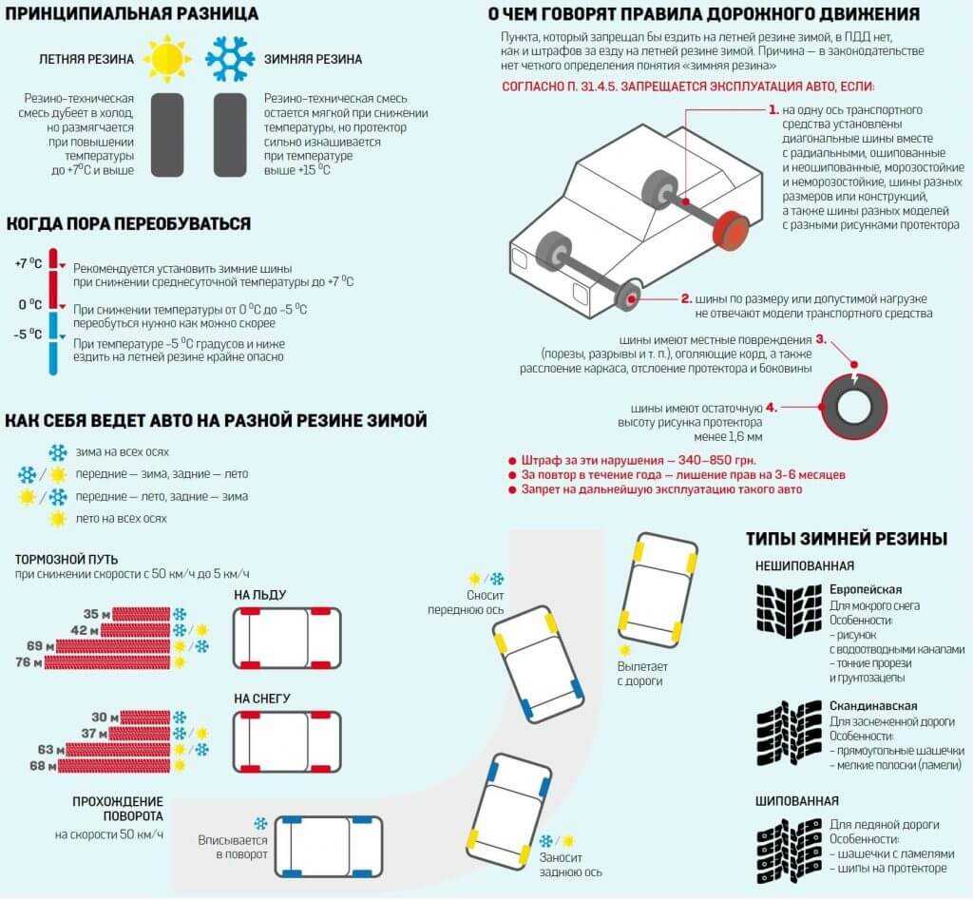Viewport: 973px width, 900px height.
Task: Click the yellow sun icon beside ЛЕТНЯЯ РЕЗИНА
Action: [167, 59]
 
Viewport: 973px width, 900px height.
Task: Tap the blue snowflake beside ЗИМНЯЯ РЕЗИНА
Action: [230, 59]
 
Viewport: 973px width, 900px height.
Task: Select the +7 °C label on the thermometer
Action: [29, 264]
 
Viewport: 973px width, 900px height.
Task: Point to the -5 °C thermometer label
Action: [28, 335]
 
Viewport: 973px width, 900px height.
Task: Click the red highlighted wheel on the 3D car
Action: [731, 229]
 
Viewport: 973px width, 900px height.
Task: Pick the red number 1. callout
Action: [773, 110]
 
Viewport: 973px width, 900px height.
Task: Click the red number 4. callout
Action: [771, 408]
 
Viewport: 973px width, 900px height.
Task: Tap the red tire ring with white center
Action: [854, 407]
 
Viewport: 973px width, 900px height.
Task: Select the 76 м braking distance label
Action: [29, 663]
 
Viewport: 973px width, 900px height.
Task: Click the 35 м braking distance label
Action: [97, 614]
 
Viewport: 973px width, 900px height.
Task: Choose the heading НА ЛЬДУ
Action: [260, 595]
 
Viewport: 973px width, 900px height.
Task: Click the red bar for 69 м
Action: [113, 647]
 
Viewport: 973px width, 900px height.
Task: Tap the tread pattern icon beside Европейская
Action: [789, 611]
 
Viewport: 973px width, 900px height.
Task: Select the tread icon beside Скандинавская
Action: [789, 733]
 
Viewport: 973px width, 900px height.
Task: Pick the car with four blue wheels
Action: [328, 846]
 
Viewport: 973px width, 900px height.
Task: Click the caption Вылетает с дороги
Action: [642, 674]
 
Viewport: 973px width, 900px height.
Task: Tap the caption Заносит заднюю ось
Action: [570, 865]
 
